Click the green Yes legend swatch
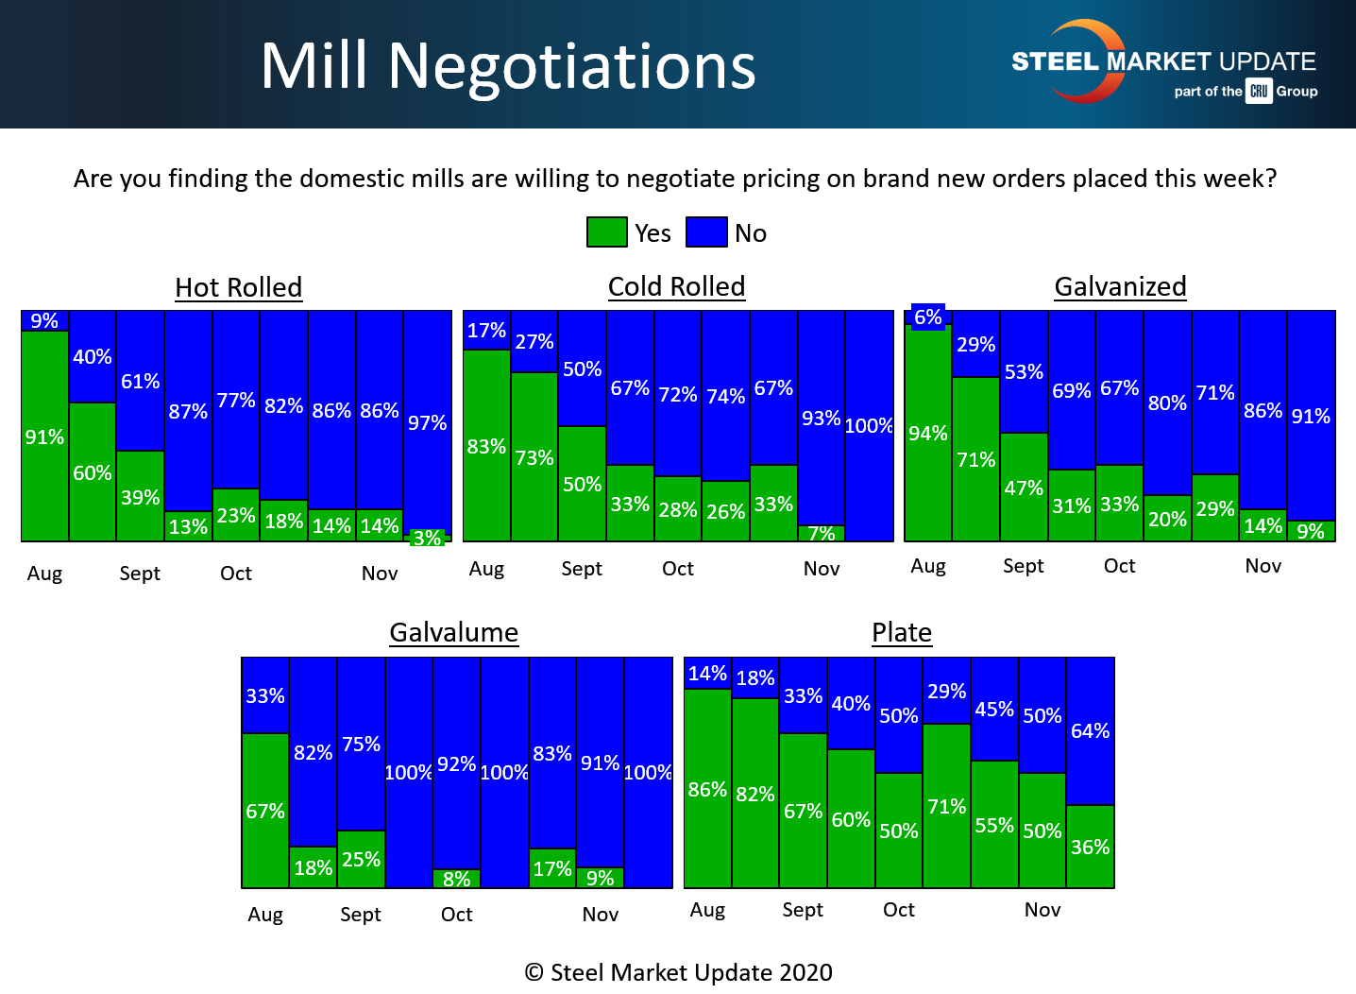pos(606,232)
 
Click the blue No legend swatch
pos(706,232)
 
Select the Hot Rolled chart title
pos(239,287)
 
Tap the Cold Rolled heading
pos(676,286)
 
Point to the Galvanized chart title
pos(1120,286)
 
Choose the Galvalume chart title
pos(454,632)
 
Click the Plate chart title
pos(902,632)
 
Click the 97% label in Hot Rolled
pos(427,423)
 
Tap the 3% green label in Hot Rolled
pos(427,538)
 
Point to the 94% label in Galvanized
pos(928,434)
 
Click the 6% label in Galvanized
pos(928,317)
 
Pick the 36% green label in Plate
pos(1090,848)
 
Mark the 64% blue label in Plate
pos(1090,731)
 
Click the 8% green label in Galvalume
pos(457,879)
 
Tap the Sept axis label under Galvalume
pos(361,915)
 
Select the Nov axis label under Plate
pos(1042,910)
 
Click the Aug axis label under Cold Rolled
pos(486,569)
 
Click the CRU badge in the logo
pos(1259,92)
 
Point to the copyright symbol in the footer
pos(534,972)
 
